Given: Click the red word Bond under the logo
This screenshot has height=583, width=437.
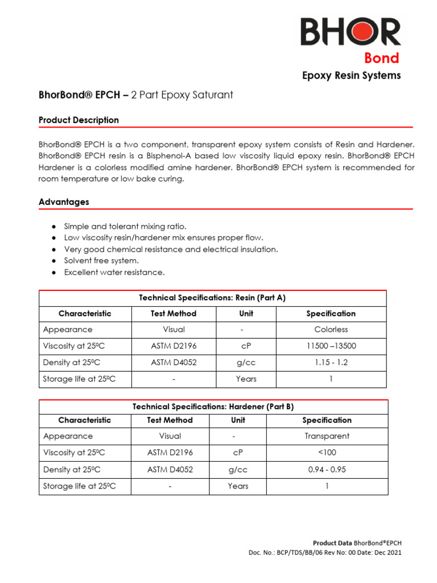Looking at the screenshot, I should [382, 58].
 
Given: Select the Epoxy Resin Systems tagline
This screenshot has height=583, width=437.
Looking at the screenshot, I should [351, 76].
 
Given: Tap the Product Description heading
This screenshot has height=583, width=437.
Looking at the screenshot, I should [79, 120].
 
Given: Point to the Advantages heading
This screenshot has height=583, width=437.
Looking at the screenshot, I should [64, 202].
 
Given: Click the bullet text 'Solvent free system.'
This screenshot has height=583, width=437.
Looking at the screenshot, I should [101, 261].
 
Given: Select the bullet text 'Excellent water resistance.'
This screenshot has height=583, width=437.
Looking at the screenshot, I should [114, 273].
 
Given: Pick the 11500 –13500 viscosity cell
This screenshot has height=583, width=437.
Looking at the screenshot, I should [331, 346].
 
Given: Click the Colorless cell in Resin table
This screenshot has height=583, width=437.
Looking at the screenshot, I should [331, 330].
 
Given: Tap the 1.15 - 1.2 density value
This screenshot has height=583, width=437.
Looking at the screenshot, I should [331, 363].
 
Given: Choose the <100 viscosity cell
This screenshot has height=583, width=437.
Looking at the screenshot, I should [327, 453].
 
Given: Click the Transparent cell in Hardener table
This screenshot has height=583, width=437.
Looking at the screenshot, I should [327, 436].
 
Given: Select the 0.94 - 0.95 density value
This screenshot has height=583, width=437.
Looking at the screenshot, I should [327, 470].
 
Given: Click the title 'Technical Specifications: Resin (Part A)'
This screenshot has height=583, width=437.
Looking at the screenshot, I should [212, 298].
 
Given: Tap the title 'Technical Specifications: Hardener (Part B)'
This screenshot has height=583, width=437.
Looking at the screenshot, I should [213, 407].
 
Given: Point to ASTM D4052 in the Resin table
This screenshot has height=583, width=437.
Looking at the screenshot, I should [174, 363].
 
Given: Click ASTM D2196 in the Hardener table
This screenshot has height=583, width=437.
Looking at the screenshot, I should [170, 453].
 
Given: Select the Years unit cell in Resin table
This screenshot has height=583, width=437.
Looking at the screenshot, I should [246, 379].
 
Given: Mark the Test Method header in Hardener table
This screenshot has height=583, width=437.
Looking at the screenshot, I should [170, 420].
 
